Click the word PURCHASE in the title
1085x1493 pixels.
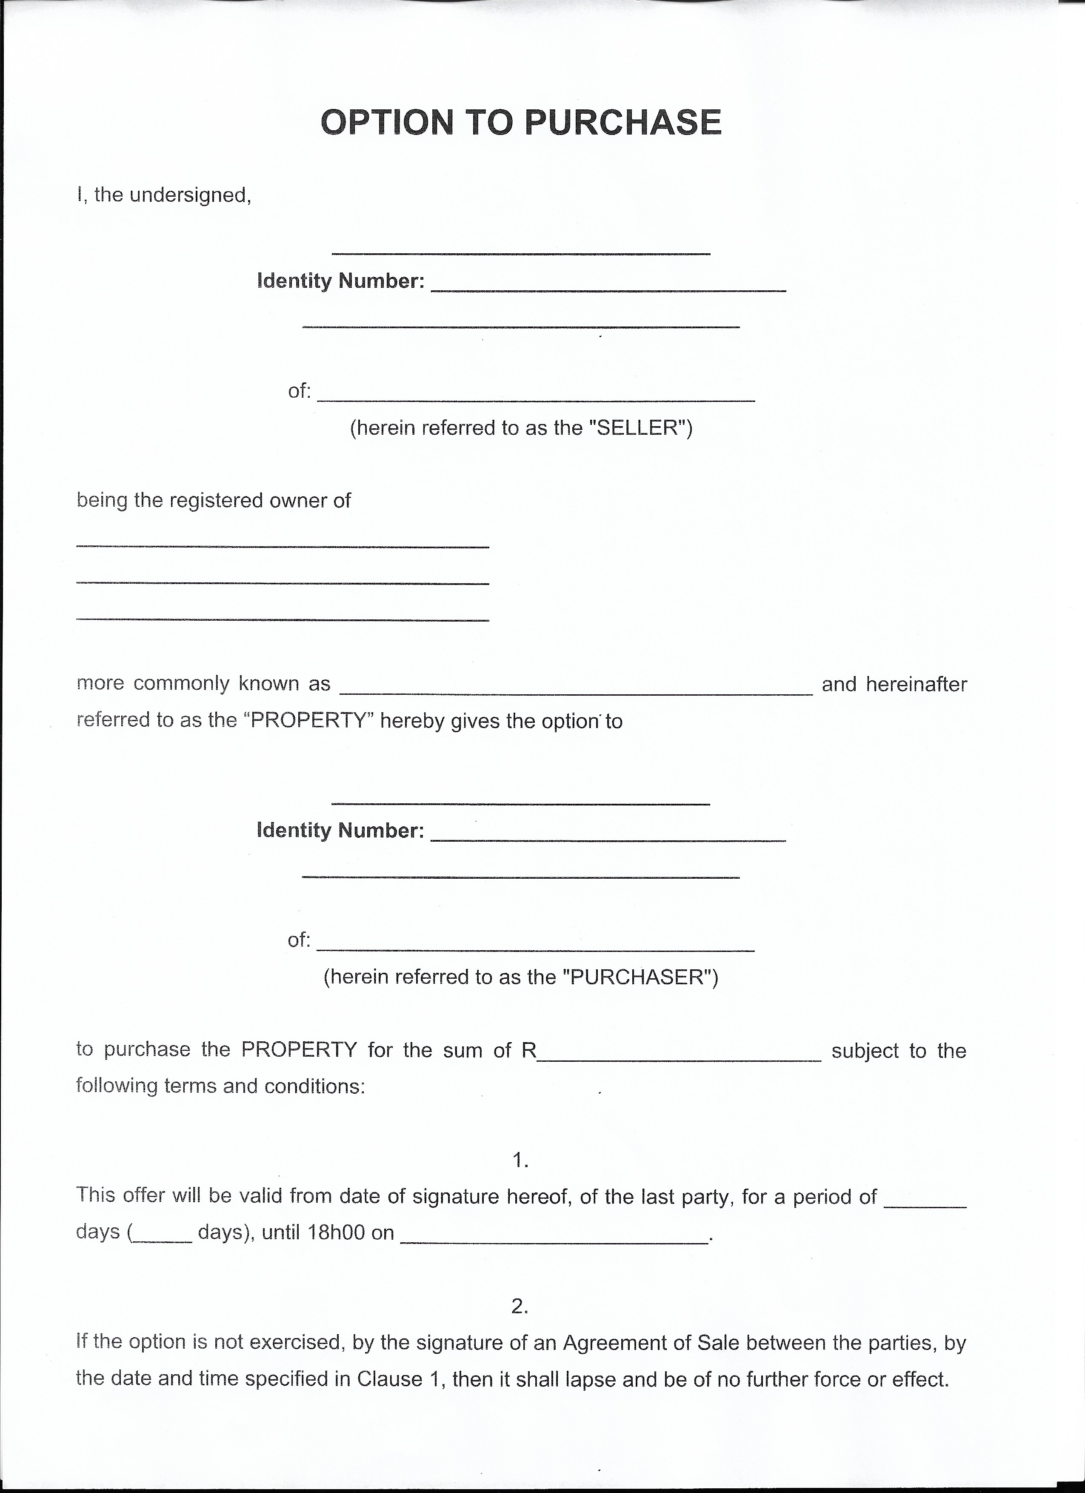pyautogui.click(x=624, y=123)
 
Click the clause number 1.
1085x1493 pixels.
pyautogui.click(x=520, y=1161)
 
